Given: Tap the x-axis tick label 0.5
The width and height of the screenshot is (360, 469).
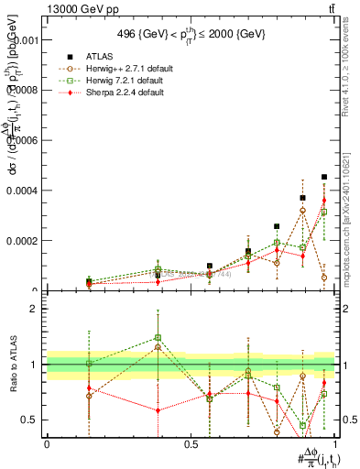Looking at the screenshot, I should [191, 444].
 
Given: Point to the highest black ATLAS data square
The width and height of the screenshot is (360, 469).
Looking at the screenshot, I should [324, 177].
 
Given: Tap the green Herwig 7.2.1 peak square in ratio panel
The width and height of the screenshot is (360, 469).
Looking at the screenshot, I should [158, 337].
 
